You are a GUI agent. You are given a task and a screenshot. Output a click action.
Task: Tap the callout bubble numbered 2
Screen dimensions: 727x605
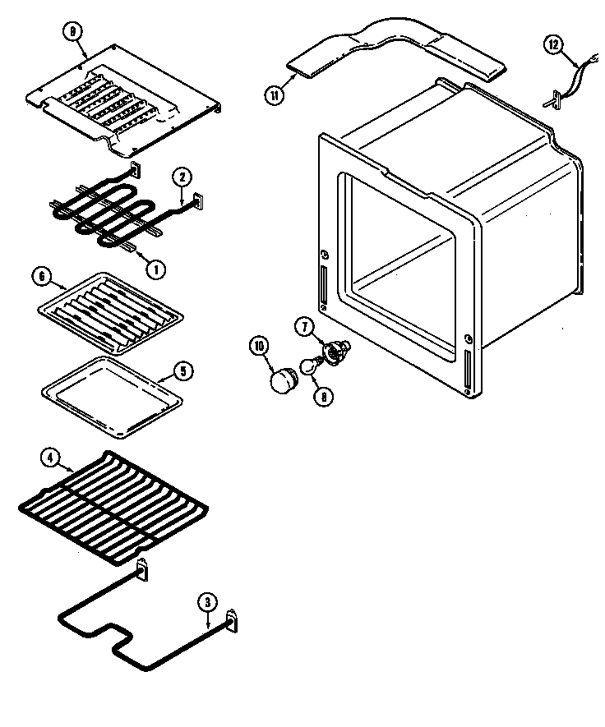182,177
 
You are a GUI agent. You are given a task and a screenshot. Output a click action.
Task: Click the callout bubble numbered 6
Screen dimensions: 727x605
39,277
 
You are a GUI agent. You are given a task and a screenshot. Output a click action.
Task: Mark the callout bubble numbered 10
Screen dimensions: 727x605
260,347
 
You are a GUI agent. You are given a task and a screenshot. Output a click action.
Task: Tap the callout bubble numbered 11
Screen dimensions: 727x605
274,94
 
